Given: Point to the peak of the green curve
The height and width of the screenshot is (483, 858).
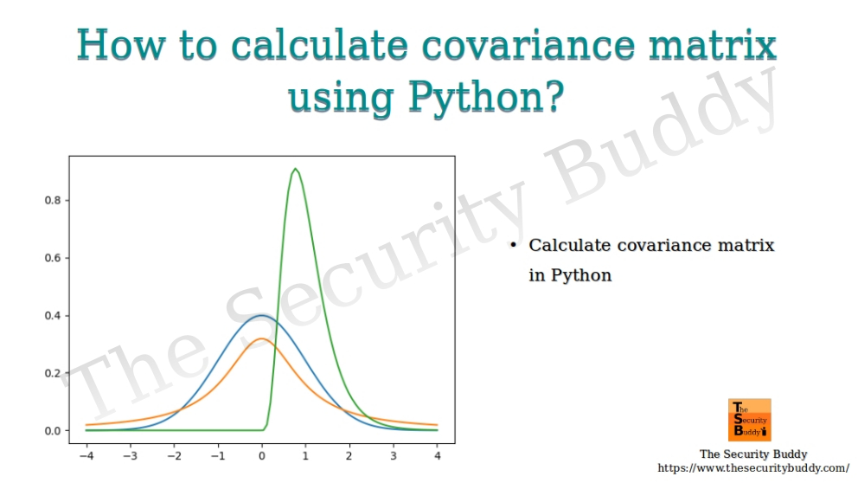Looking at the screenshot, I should (x=296, y=169).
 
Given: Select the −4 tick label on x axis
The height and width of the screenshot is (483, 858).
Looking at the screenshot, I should (x=86, y=454).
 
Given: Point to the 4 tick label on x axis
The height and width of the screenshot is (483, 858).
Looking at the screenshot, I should (x=437, y=454).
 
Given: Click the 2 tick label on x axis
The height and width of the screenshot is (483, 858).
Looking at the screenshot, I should (x=349, y=454).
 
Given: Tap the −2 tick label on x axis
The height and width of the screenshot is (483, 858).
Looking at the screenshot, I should (x=173, y=454).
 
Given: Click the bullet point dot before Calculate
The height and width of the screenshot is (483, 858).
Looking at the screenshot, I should (x=512, y=246).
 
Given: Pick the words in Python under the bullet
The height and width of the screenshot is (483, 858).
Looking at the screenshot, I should (x=570, y=276).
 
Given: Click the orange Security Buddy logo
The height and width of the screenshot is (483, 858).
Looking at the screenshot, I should (x=750, y=420).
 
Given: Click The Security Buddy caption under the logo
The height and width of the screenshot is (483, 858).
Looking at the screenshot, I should (x=752, y=454).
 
